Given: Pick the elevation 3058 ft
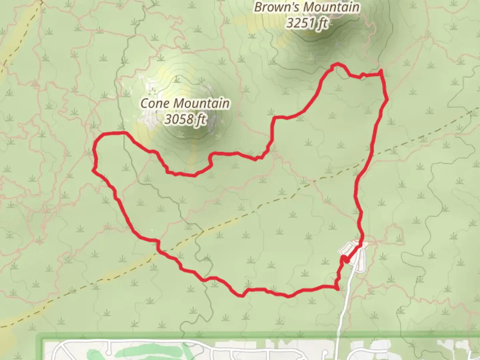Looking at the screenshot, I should [185, 119].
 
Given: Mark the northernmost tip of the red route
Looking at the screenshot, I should [337, 63].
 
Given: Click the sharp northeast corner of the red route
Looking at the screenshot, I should [381, 71].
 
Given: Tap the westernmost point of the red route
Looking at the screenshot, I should [93, 170].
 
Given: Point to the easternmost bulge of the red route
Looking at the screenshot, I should [387, 99].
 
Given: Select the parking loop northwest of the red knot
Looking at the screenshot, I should [347, 248].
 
